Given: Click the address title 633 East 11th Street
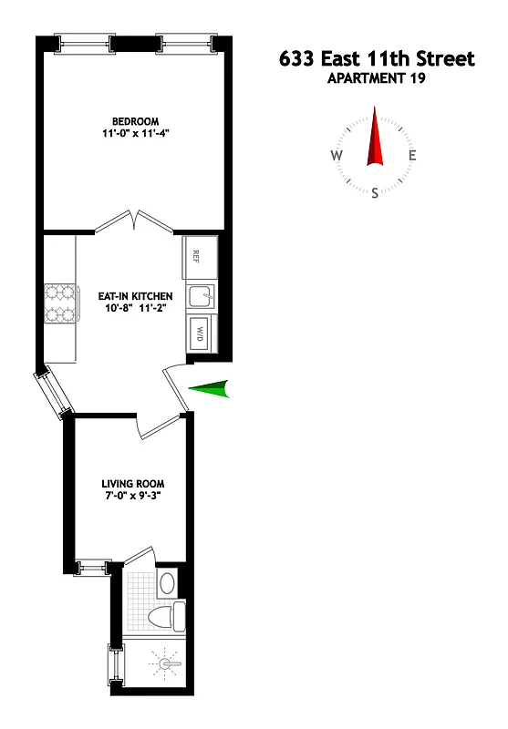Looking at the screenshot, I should coord(376,59).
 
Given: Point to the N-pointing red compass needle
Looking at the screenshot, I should coord(374,139).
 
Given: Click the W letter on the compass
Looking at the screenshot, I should coord(337,155).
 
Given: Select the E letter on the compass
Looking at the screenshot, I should coord(412,155).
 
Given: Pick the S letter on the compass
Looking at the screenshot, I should coord(375,192).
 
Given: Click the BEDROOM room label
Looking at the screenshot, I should coord(135,121).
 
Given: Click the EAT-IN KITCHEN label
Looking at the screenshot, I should coord(135,296).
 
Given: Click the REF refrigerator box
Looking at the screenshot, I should coord(200,256).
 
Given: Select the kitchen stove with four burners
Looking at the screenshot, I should coord(58,304).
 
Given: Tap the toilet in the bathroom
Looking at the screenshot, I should coord(167,617).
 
